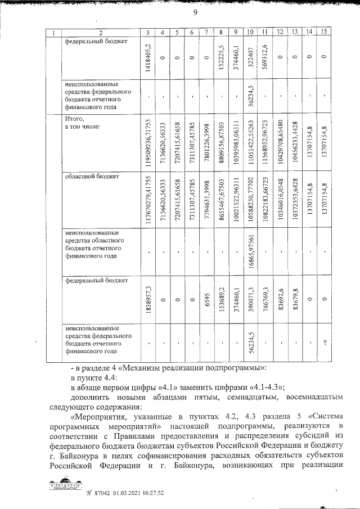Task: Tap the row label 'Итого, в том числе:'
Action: [x=83, y=123]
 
